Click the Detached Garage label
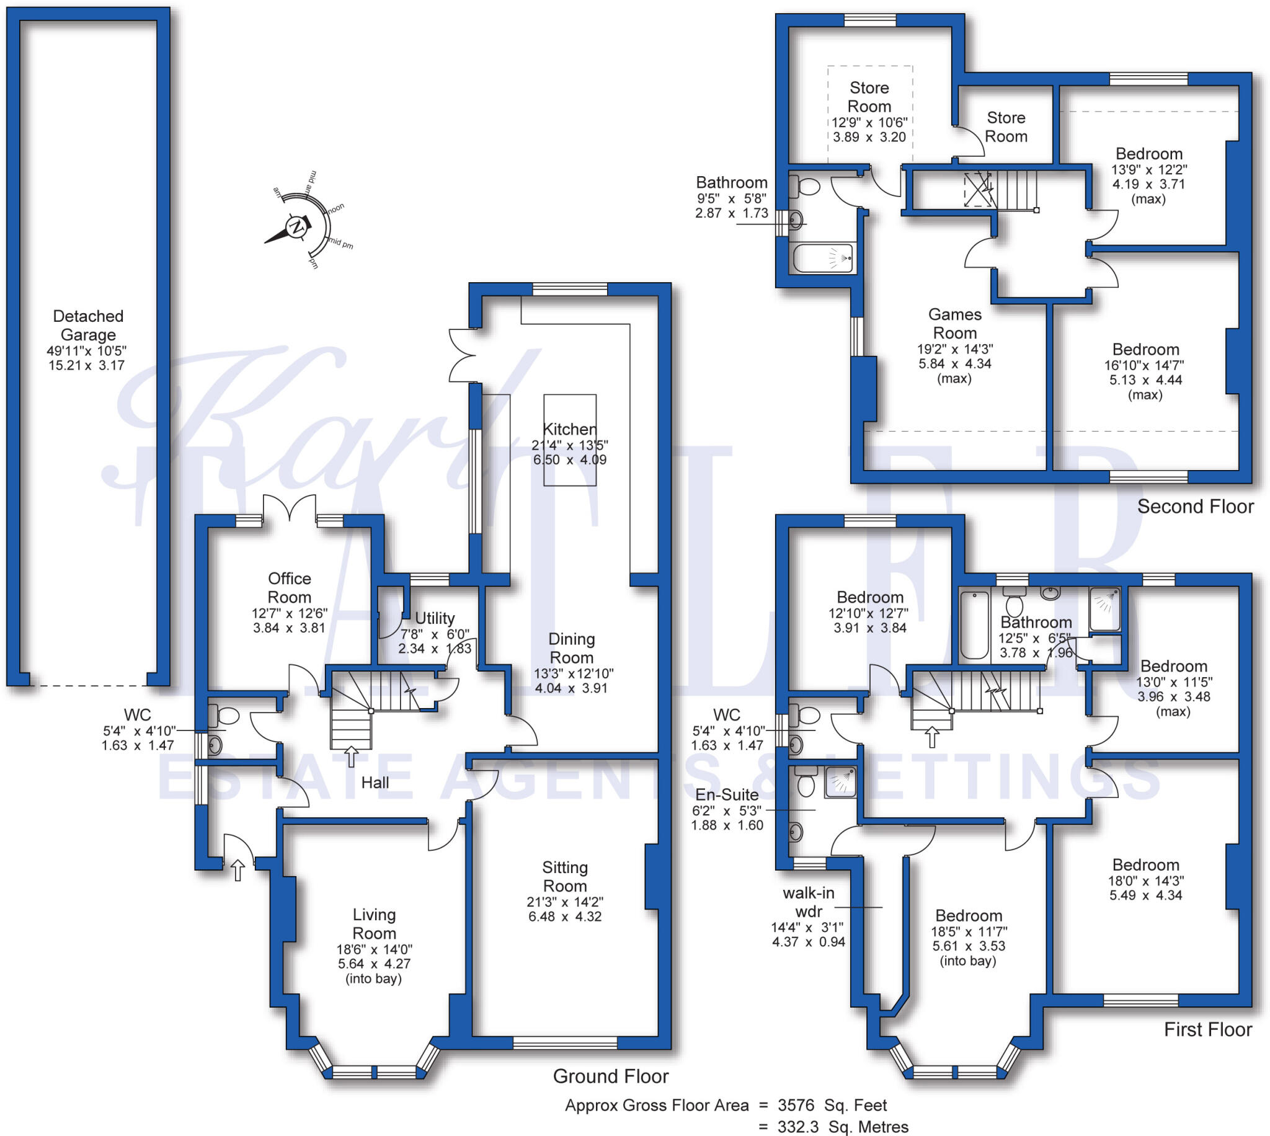coord(88,325)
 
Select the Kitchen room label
coord(569,430)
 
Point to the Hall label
coord(375,783)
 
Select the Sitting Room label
coord(565,876)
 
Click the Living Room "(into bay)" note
coord(373,978)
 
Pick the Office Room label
coord(289,587)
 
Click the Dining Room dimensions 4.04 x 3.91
coord(571,688)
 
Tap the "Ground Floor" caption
coord(610,1076)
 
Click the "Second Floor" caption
coord(1195,506)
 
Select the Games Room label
coord(954,323)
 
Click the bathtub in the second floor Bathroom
coord(822,258)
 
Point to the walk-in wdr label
coord(808,902)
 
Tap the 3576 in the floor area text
coord(796,1106)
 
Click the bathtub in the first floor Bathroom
coord(974,626)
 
